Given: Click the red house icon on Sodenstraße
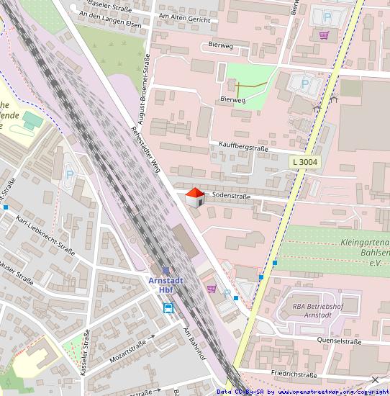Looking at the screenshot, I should pyautogui.click(x=194, y=197).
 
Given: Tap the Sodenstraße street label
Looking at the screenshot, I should pyautogui.click(x=230, y=195).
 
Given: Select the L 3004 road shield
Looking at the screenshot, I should pyautogui.click(x=305, y=163).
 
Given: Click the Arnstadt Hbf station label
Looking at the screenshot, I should pyautogui.click(x=165, y=284).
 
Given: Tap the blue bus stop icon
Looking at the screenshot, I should pyautogui.click(x=168, y=308).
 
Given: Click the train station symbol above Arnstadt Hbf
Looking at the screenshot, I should pyautogui.click(x=165, y=271).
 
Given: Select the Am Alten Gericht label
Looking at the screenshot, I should pyautogui.click(x=183, y=20).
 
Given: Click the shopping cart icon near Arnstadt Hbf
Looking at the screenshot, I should pyautogui.click(x=212, y=289).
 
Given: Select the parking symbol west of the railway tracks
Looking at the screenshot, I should pyautogui.click(x=70, y=174).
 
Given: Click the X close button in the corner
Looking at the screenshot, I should pyautogui.click(x=375, y=379).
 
